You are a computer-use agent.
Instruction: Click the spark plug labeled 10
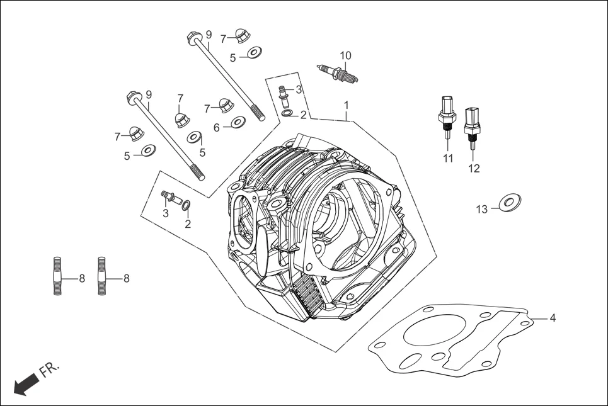tap(339, 73)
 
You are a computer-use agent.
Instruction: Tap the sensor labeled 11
tap(446, 117)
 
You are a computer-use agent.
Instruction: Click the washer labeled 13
tap(510, 202)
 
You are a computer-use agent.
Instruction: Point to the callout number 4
tap(553, 319)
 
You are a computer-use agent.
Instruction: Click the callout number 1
tap(346, 104)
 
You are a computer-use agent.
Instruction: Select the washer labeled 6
tap(238, 122)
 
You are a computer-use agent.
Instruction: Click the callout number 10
tap(345, 55)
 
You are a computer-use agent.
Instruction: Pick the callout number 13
tap(481, 210)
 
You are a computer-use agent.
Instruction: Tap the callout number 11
tap(447, 159)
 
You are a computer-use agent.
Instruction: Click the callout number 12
tap(474, 168)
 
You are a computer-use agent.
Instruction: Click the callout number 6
tap(217, 128)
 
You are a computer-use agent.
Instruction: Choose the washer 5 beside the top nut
tap(254, 52)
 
